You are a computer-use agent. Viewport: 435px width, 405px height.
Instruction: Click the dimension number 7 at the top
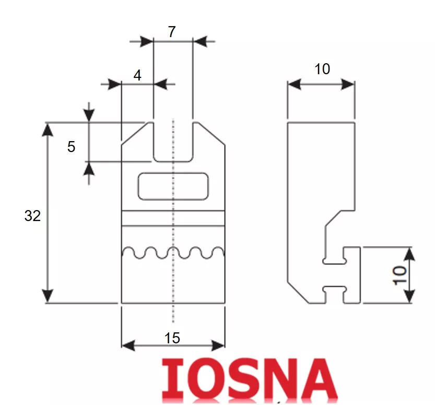pos(172,32)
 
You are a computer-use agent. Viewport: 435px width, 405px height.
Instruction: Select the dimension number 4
pos(137,75)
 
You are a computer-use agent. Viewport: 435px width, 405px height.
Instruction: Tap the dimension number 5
pos(72,146)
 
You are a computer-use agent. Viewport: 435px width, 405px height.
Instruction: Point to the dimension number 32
pos(32,216)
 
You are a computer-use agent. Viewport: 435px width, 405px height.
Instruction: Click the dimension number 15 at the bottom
pos(172,338)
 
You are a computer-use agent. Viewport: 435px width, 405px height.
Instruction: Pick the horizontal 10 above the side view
pos(322,69)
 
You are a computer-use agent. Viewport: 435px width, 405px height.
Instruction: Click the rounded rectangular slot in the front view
pos(173,186)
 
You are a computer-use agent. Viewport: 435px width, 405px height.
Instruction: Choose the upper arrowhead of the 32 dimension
pos(48,130)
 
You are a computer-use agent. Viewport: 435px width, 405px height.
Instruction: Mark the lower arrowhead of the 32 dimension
pos(48,296)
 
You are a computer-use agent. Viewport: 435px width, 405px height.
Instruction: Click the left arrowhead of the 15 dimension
pos(128,345)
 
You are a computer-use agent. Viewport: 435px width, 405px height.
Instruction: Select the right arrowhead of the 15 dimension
pos(218,345)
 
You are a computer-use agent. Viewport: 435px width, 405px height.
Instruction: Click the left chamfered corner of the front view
pos(134,134)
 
